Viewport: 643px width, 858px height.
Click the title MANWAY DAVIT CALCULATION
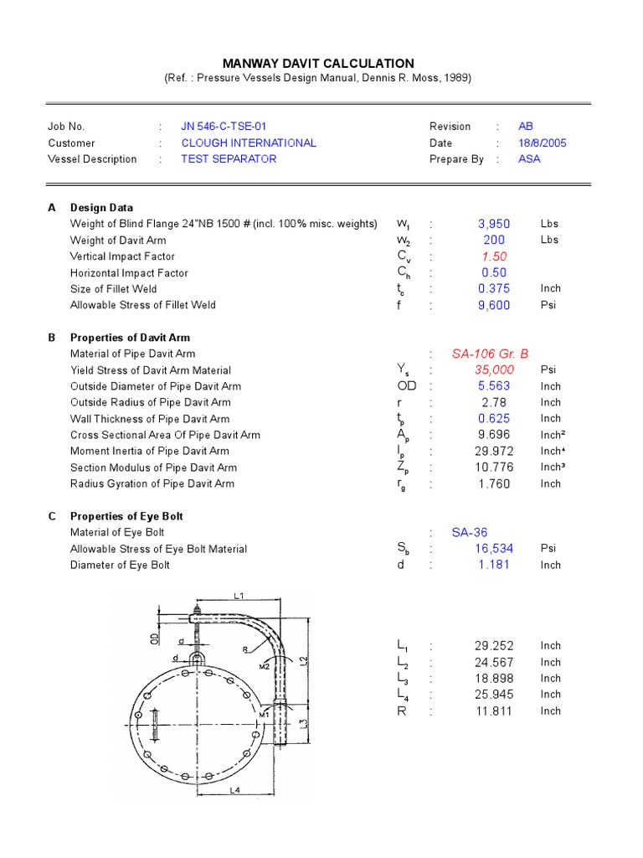point(317,64)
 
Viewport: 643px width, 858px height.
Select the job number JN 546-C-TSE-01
point(224,127)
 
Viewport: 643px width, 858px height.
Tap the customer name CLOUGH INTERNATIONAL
point(249,143)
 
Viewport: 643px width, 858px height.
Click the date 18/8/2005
point(542,143)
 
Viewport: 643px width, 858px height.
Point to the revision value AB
point(525,127)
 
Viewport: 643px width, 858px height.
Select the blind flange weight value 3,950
point(493,225)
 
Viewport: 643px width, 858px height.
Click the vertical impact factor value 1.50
point(493,256)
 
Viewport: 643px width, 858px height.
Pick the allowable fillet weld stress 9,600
point(493,306)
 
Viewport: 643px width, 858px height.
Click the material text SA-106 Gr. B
point(490,354)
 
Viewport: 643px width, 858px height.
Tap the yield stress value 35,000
point(493,370)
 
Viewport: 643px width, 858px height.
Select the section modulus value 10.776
point(493,468)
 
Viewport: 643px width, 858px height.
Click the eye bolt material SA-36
point(469,533)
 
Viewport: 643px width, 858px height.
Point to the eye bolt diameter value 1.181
point(493,566)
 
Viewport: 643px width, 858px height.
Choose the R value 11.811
point(493,711)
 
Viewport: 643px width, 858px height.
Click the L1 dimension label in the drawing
point(238,596)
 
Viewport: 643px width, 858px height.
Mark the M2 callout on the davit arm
point(265,667)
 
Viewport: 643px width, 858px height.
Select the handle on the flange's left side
point(156,724)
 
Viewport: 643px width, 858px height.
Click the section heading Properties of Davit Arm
point(130,338)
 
